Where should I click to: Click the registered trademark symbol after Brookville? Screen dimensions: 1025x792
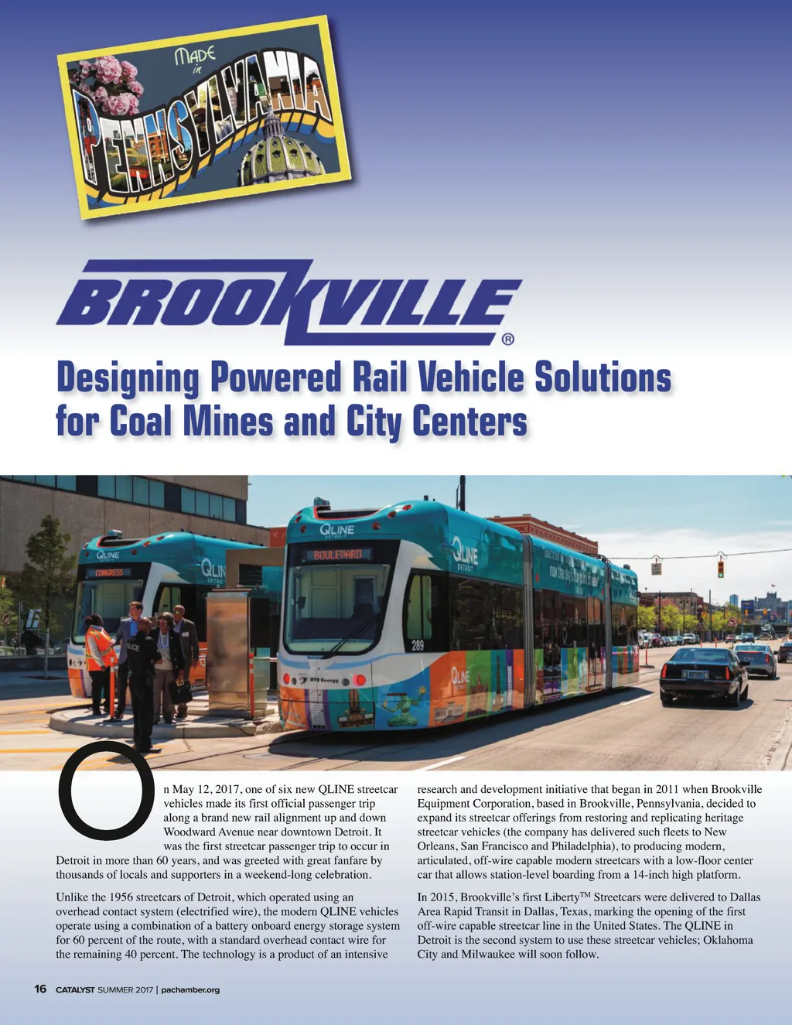click(507, 338)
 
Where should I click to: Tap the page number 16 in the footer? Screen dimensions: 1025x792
click(41, 989)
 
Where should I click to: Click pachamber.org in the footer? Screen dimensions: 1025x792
click(190, 989)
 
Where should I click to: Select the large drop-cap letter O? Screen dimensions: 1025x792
click(102, 791)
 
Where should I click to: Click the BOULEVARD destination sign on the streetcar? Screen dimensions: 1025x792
click(337, 555)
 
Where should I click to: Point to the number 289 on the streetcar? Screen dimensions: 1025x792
click(417, 646)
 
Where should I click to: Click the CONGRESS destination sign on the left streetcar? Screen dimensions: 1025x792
click(109, 573)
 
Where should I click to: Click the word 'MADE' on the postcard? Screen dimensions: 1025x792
click(195, 55)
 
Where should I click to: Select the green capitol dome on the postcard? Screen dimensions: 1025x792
click(281, 151)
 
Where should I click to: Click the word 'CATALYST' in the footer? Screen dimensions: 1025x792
click(75, 989)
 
